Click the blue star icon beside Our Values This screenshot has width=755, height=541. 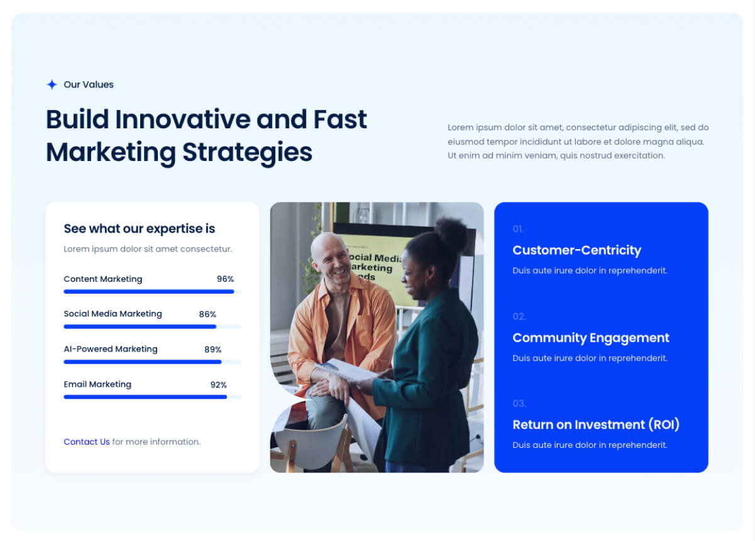coord(52,84)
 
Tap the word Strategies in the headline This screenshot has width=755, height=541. coord(248,153)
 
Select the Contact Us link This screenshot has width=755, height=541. coord(87,442)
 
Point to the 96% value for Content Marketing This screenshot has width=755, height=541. coord(225,279)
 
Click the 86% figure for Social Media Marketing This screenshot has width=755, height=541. coord(207,315)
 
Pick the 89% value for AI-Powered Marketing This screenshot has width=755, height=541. coord(212,349)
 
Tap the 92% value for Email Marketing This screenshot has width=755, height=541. coord(218,385)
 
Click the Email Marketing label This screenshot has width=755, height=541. coord(97,384)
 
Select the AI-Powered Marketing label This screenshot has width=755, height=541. coord(111,349)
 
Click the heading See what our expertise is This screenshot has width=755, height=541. coord(139,229)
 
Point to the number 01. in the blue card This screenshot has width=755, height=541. coord(519,230)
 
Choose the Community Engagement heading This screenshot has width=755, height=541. coord(591,338)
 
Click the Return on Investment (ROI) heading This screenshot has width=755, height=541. coord(596,425)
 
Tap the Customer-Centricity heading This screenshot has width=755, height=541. coord(576,250)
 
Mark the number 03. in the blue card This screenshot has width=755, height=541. coord(519,404)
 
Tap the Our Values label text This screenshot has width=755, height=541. coord(89,85)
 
